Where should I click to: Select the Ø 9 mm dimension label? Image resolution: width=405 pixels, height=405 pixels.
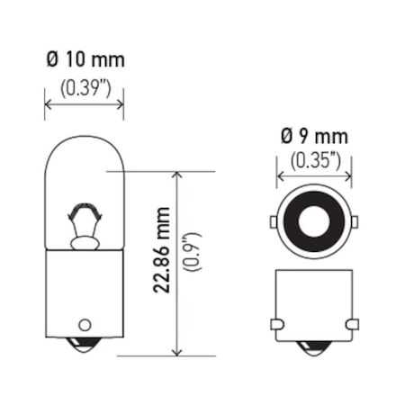pos(313,137)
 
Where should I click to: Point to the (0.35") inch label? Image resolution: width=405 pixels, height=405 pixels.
pos(313,161)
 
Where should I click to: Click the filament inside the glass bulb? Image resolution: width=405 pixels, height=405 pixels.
pos(85,219)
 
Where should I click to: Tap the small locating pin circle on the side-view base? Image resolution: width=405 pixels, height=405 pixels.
pos(85,324)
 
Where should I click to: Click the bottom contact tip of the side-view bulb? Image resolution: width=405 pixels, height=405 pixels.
pos(85,347)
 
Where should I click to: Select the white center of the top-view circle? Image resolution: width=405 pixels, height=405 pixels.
pos(313,222)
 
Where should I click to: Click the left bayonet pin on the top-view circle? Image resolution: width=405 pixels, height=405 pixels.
pos(274,222)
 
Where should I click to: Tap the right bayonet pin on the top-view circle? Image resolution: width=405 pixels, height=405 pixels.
pos(354,222)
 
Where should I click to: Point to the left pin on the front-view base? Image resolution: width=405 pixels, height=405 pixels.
pos(274,323)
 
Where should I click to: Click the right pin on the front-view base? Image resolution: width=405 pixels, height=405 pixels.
pos(353,323)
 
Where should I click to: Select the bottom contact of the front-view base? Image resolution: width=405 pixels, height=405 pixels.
pos(313,347)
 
